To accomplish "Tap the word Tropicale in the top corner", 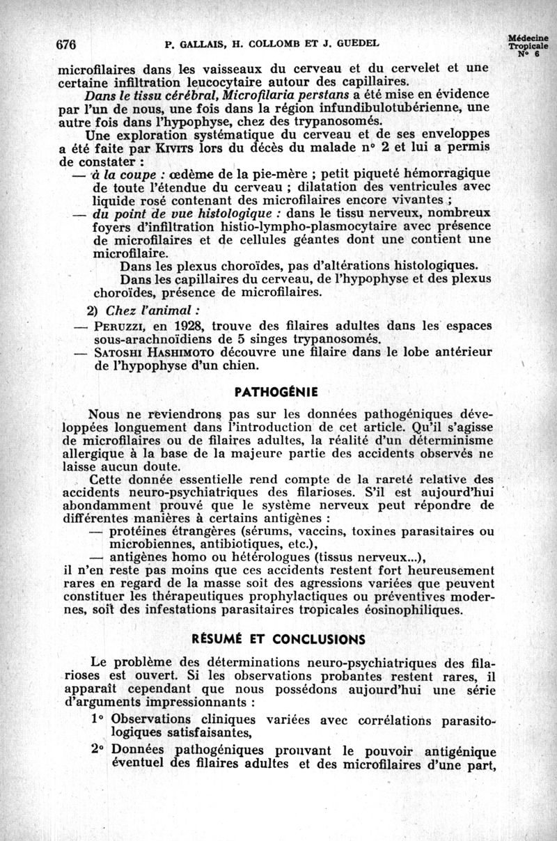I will coord(528,47).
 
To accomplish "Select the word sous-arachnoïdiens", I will coord(156,339).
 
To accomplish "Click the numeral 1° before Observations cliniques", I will coord(97,718).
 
